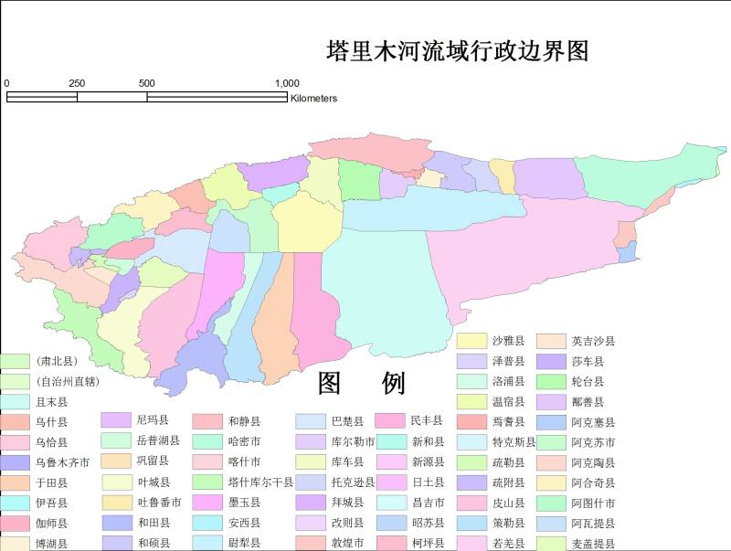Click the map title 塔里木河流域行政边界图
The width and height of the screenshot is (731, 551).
(x=457, y=50)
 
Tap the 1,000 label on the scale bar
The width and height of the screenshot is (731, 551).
(x=287, y=83)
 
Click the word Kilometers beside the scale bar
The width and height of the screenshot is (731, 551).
(x=313, y=99)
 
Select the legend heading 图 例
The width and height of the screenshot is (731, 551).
(x=361, y=384)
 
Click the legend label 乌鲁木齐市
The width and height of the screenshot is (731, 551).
(x=63, y=462)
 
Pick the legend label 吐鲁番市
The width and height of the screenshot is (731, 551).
(x=159, y=503)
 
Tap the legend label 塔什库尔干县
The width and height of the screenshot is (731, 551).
(x=260, y=482)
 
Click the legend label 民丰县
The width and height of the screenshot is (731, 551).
(x=428, y=421)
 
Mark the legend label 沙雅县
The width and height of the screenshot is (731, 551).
(x=508, y=341)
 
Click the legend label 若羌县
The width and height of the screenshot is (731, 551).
(x=508, y=543)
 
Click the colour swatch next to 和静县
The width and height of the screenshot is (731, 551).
(x=207, y=421)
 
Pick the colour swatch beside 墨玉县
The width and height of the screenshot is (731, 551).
(x=207, y=503)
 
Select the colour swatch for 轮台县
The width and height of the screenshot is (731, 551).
(x=551, y=381)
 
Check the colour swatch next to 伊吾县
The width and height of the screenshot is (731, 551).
(x=15, y=503)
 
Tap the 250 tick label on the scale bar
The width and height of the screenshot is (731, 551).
(x=77, y=83)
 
